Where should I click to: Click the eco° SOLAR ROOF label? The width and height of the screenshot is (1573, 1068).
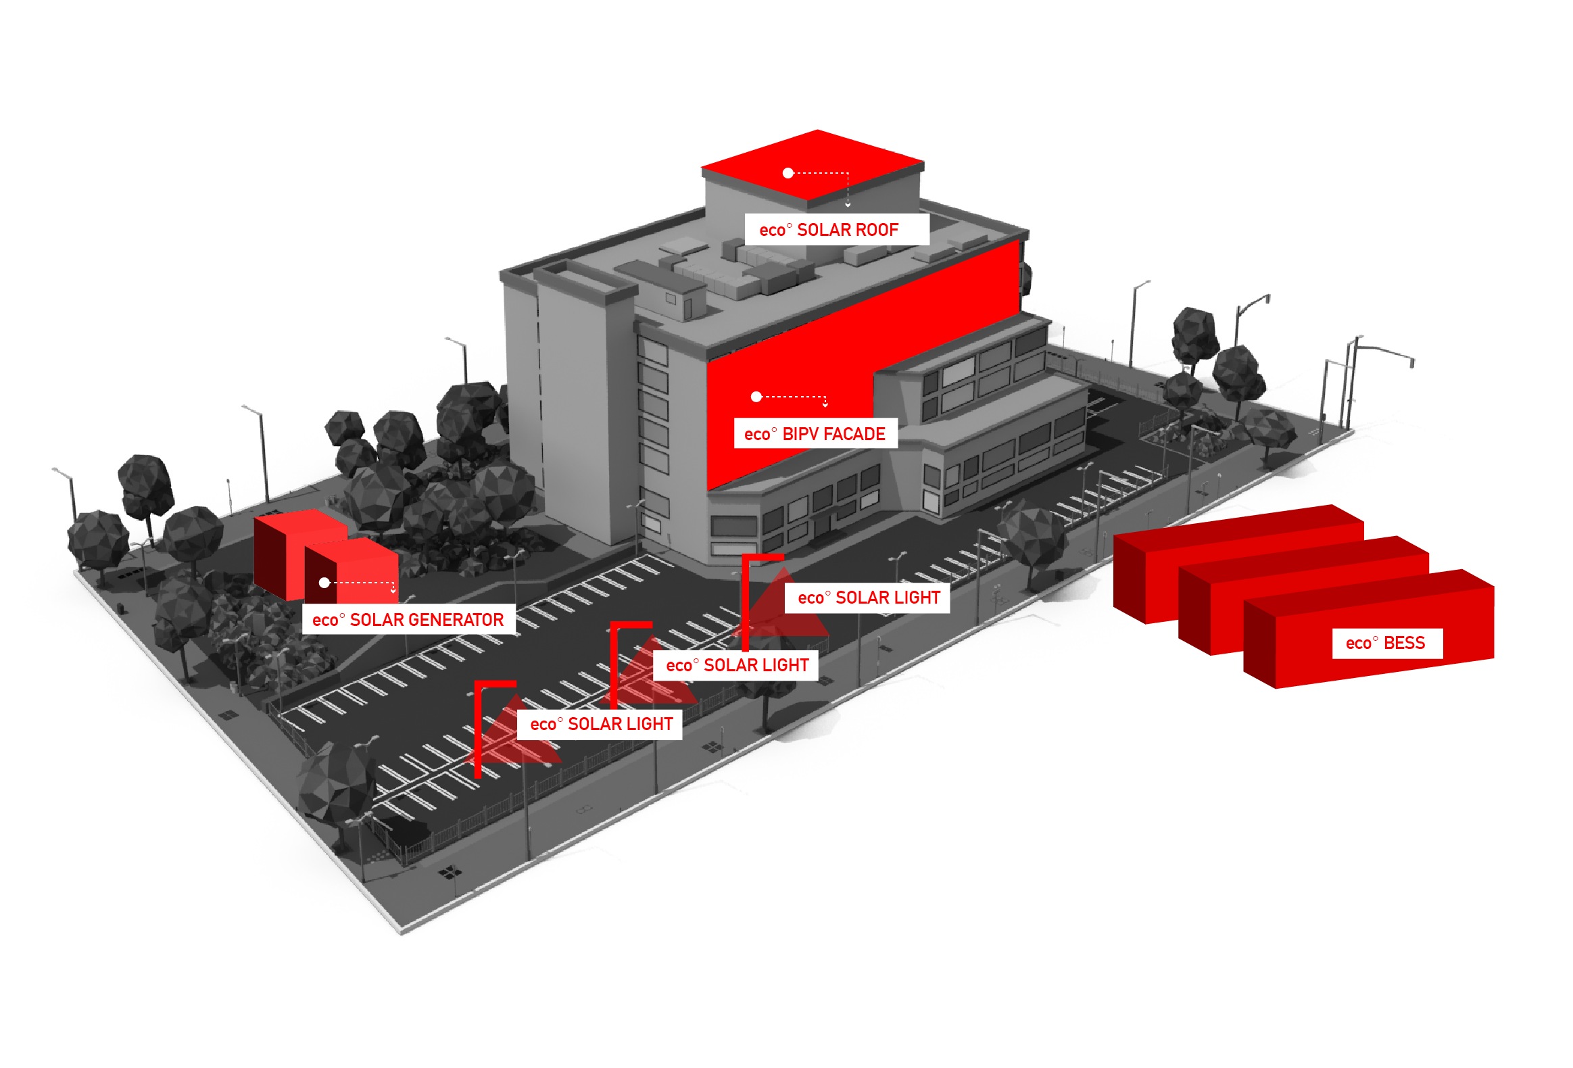(x=836, y=230)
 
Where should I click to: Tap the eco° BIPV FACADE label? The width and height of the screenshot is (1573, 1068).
(x=815, y=435)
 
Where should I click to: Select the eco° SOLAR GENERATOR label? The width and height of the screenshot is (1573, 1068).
(x=408, y=620)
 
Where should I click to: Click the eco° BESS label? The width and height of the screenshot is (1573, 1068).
(x=1386, y=643)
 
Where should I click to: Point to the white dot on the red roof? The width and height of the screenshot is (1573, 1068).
(x=788, y=173)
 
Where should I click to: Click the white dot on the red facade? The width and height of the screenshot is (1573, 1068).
(x=756, y=397)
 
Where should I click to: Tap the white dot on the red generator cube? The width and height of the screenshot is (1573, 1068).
(x=324, y=583)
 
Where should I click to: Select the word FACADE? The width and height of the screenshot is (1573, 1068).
(x=854, y=435)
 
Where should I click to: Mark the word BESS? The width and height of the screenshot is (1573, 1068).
(x=1405, y=643)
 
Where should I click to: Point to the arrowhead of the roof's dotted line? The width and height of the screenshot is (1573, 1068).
(x=848, y=203)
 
